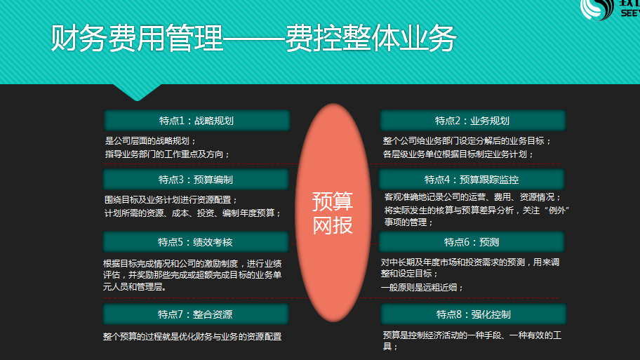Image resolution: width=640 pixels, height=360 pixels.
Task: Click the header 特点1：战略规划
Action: click(196, 121)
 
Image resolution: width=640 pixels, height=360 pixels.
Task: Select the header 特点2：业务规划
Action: click(473, 121)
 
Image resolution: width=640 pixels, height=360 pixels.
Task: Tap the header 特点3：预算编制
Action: click(196, 180)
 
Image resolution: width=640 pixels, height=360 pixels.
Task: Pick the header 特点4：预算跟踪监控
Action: click(472, 180)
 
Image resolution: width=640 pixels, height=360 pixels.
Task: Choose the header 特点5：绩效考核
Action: click(196, 242)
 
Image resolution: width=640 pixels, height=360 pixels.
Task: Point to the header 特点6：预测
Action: click(472, 242)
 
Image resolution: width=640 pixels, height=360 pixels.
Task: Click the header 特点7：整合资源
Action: click(196, 314)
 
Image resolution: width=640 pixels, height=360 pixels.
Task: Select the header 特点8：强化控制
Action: click(474, 314)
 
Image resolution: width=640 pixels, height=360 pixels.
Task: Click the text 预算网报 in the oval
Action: click(333, 213)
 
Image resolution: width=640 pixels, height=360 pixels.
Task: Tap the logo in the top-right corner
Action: click(610, 10)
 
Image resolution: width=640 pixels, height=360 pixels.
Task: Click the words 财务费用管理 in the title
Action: click(137, 38)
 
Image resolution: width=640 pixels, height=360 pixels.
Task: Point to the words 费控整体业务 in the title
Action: click(371, 38)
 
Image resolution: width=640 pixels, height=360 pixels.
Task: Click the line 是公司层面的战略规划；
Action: click(151, 141)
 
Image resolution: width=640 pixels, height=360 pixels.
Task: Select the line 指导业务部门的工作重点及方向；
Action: click(167, 154)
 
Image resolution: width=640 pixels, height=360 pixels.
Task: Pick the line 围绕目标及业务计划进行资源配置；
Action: click(171, 200)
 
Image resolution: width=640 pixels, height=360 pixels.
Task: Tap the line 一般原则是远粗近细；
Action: click(422, 287)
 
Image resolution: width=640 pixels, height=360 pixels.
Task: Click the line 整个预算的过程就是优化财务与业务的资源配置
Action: click(192, 337)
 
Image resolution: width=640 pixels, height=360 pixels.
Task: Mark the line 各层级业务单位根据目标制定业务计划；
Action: click(458, 154)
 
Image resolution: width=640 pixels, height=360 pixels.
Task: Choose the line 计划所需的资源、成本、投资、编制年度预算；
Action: click(193, 213)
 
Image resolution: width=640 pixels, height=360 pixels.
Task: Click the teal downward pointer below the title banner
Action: click(137, 91)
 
